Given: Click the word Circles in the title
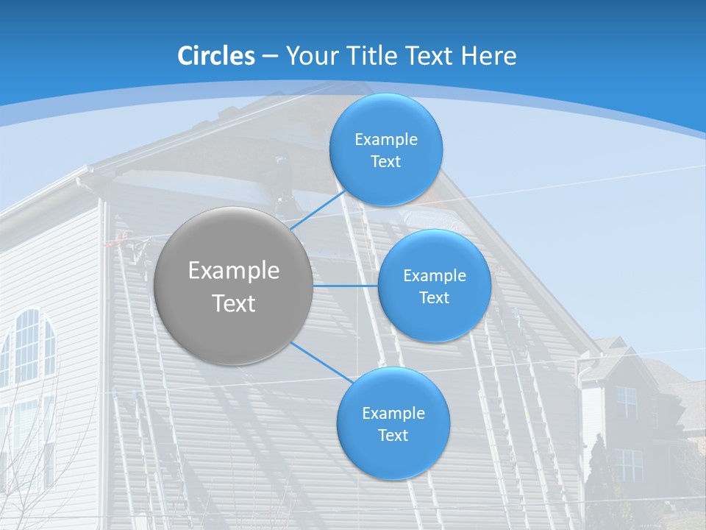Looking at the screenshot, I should click(216, 56).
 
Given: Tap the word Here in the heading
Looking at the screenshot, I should click(488, 56).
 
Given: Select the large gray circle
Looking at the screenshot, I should click(234, 286).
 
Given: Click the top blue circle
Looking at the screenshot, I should click(386, 149).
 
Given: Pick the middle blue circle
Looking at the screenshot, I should click(435, 286).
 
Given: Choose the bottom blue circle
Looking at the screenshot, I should click(393, 423).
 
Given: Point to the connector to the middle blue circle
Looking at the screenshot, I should click(346, 286).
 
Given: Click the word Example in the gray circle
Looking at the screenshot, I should click(234, 270).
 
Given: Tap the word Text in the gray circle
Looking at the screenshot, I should click(234, 303).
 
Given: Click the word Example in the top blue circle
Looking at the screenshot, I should click(386, 139).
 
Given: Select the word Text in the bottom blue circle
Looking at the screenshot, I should click(393, 435).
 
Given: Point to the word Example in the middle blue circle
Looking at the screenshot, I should click(435, 275).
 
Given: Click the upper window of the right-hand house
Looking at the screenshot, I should click(627, 402).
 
